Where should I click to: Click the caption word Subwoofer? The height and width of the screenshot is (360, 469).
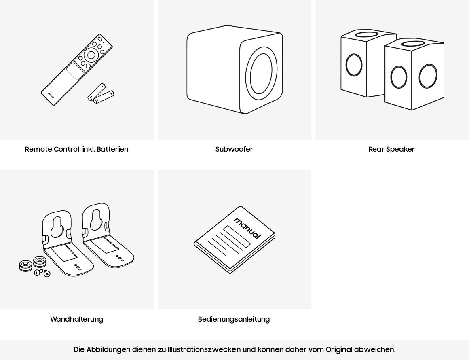tap(234, 149)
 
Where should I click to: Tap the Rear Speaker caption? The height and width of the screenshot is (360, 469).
tap(391, 149)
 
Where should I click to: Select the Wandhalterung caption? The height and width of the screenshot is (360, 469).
tap(76, 319)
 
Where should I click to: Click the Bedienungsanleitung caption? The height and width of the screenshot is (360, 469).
tap(234, 319)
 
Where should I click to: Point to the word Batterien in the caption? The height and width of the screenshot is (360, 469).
tap(112, 149)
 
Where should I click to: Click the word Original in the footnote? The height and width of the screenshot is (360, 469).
tap(339, 349)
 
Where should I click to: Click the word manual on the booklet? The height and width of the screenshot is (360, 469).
tap(247, 228)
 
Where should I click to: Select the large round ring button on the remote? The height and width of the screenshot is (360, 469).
tap(91, 55)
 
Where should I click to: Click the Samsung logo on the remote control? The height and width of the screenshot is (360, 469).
tap(51, 95)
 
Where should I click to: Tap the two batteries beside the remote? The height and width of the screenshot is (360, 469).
tap(101, 94)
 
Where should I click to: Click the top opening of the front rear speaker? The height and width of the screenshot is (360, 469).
tap(413, 43)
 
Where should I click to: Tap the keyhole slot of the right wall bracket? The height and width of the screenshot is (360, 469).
tap(96, 219)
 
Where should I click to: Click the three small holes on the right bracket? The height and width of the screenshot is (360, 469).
tap(120, 258)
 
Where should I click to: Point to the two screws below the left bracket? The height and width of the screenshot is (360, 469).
tap(42, 273)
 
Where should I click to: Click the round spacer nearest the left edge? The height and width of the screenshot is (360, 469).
tap(25, 266)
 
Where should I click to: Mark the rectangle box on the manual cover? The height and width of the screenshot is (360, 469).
tap(237, 236)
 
